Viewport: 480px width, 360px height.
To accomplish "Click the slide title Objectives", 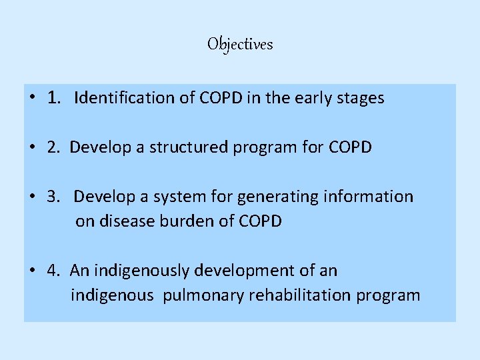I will pyautogui.click(x=240, y=45).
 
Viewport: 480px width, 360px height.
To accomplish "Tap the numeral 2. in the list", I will pyautogui.click(x=54, y=147).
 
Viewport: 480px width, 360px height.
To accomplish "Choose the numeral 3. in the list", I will pyautogui.click(x=54, y=196).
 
